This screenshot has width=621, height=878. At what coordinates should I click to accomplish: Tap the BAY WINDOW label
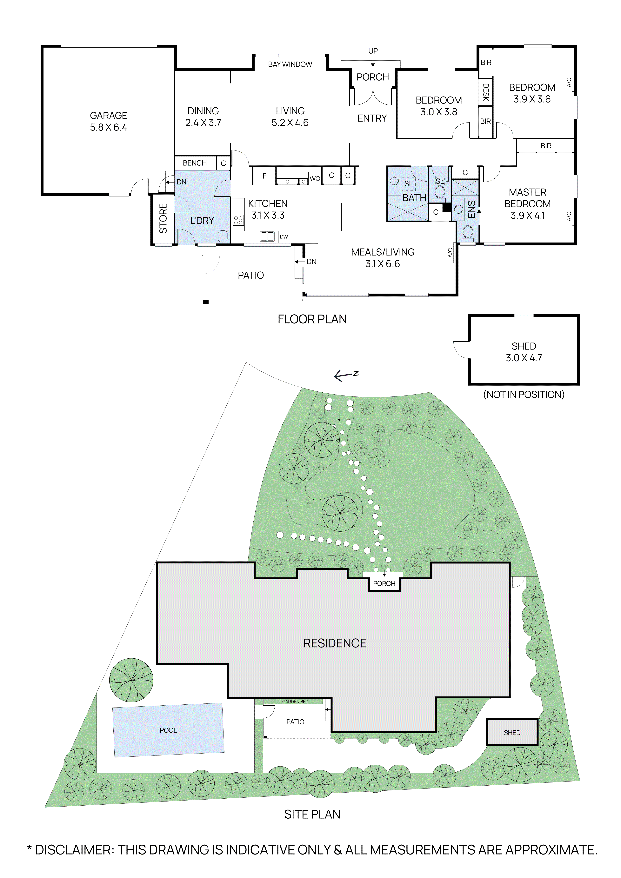(290, 64)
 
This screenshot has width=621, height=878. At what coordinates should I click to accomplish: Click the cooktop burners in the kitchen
(238, 220)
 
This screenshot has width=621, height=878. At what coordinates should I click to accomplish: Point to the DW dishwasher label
(284, 237)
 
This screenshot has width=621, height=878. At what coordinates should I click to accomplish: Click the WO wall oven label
(315, 179)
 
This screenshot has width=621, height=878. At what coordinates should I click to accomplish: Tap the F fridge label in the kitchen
(264, 176)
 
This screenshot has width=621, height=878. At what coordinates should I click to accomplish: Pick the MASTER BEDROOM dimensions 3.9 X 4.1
(527, 216)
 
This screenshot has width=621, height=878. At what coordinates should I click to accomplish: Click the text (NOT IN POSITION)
(524, 394)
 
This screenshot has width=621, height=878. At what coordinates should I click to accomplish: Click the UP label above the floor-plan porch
(373, 51)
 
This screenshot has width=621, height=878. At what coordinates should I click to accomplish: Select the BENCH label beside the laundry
(195, 163)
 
